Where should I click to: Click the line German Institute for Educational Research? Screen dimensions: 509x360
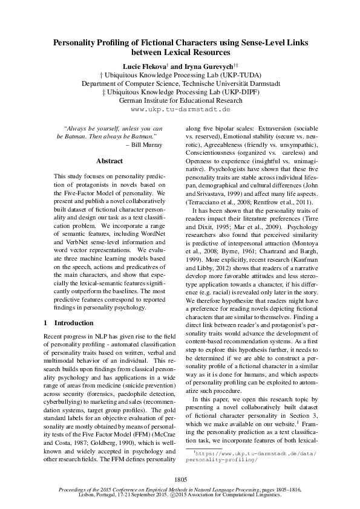[x=180, y=100]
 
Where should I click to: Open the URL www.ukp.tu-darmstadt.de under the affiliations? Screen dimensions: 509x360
[x=180, y=110]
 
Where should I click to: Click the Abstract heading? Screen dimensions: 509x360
[x=109, y=161]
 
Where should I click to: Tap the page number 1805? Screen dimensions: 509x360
[x=180, y=479]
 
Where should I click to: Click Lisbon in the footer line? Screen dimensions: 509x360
[x=89, y=493]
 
